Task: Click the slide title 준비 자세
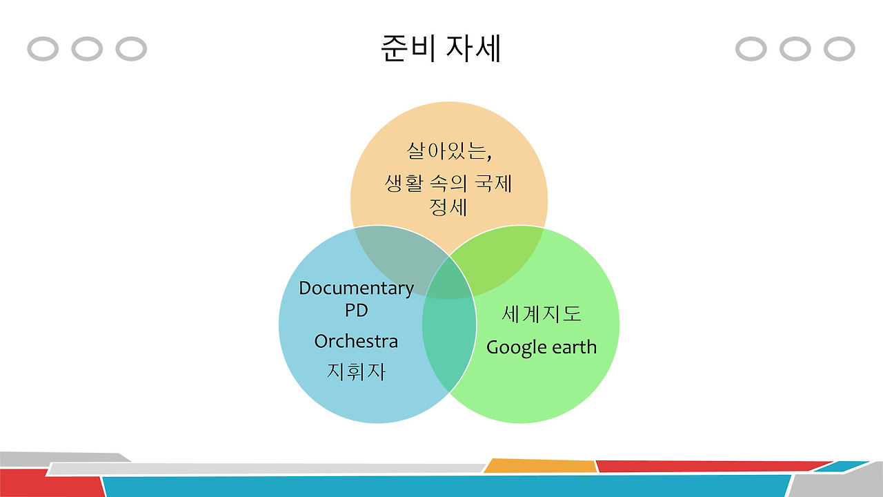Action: click(x=441, y=48)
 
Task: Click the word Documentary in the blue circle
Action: click(x=356, y=288)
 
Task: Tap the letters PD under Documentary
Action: click(x=356, y=311)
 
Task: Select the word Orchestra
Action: click(x=356, y=341)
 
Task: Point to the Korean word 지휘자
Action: click(x=356, y=371)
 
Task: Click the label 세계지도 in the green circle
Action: click(x=541, y=314)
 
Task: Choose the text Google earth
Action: click(x=541, y=347)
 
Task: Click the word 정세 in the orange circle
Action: click(x=448, y=207)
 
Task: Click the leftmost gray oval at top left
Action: click(x=43, y=49)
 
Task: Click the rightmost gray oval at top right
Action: click(x=839, y=49)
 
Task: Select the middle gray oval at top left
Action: click(x=87, y=49)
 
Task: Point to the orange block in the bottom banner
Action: click(x=540, y=466)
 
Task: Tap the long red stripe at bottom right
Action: click(x=711, y=466)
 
